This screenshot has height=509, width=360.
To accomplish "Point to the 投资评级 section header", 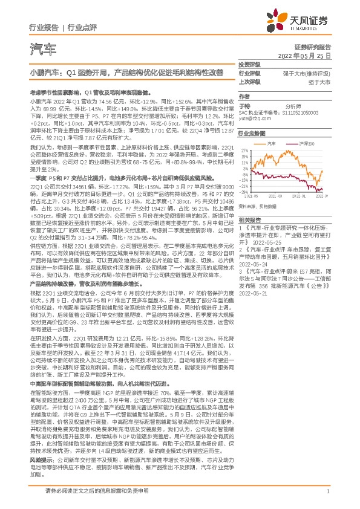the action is pyautogui.click(x=249, y=64).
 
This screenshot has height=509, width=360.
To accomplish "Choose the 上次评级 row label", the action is pyautogui.click(x=249, y=82).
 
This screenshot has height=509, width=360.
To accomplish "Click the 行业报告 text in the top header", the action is pyautogui.click(x=44, y=27).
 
